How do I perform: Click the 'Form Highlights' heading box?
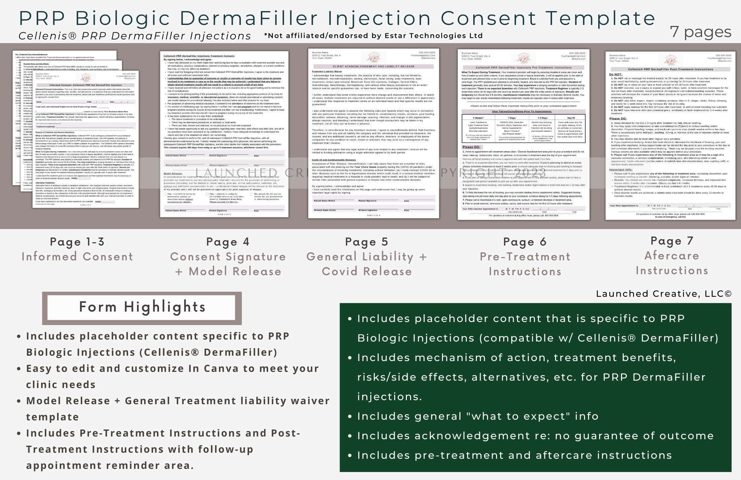coord(142,308)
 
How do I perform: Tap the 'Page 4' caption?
coord(228,242)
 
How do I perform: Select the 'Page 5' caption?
coord(367,242)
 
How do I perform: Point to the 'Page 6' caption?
coord(525,242)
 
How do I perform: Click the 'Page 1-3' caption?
coord(77,242)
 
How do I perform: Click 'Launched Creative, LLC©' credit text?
coord(664,294)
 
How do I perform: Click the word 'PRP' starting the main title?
coord(42,18)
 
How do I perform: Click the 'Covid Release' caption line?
coord(367,271)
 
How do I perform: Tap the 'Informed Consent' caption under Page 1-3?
coord(77,257)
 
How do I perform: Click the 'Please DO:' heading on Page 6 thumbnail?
coord(471,147)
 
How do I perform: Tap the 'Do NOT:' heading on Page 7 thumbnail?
coord(616,74)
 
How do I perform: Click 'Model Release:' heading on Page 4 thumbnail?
coord(173,174)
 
